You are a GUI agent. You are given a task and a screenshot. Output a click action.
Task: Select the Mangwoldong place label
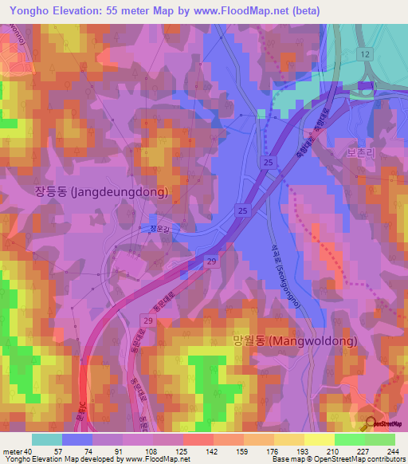[295, 340]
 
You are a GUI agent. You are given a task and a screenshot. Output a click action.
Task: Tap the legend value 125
[183, 451]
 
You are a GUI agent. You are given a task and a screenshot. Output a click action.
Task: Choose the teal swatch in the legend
[47, 439]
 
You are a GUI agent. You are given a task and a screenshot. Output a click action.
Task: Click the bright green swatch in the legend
[349, 439]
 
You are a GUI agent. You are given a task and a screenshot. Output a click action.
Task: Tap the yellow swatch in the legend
[319, 439]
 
